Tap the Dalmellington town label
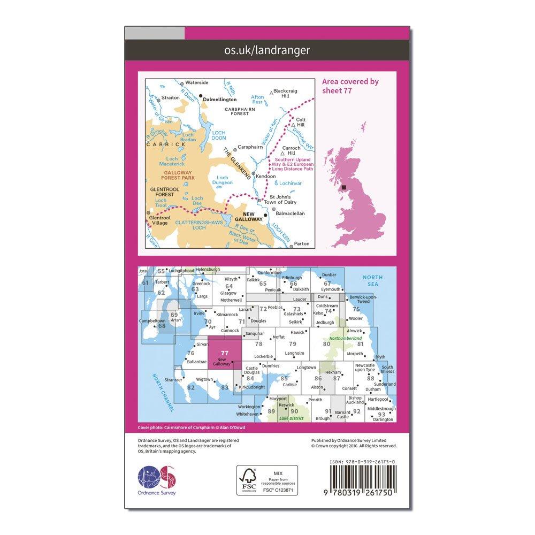click(220, 99)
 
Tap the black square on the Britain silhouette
click(350, 187)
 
